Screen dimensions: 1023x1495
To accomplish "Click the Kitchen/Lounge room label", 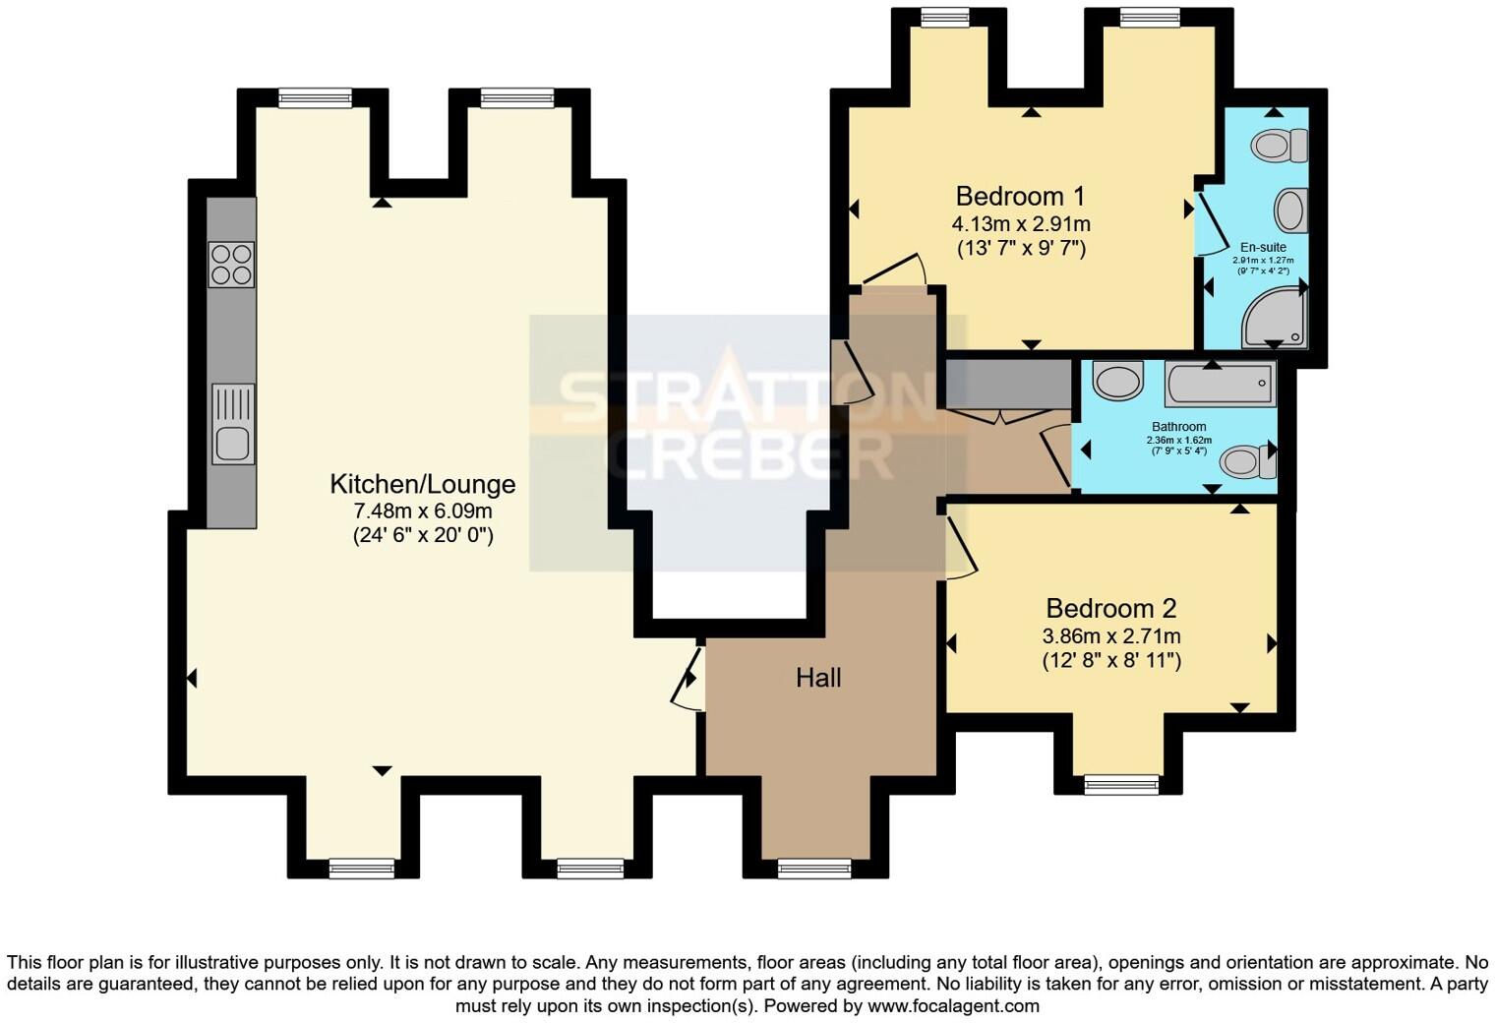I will click(422, 484).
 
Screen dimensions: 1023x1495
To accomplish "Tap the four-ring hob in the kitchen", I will click(232, 265).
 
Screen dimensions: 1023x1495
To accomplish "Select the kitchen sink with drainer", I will click(233, 424).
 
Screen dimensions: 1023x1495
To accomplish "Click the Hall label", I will click(818, 678).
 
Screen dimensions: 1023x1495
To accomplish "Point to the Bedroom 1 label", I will click(1021, 196).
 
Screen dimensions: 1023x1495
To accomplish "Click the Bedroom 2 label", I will click(1110, 608).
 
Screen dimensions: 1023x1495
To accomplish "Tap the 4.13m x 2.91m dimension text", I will click(1021, 224).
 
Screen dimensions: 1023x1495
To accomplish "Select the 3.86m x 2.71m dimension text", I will click(1111, 636).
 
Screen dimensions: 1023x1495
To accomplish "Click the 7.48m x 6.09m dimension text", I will click(422, 511).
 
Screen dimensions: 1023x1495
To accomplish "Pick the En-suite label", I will click(1263, 247).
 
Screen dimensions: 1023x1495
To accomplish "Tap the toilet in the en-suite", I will click(1279, 147).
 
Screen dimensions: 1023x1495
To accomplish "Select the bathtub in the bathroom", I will click(1220, 385).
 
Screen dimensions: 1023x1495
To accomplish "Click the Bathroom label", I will click(1178, 427).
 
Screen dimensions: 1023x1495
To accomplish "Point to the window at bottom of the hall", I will click(813, 868).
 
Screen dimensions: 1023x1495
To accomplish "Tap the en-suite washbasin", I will click(1289, 211).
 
